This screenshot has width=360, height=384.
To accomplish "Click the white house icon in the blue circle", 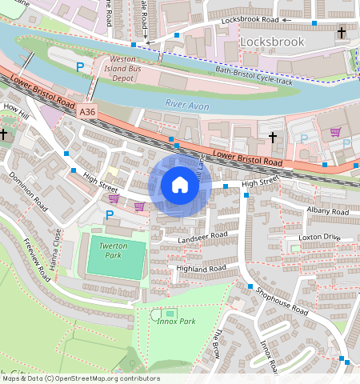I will click(x=180, y=186).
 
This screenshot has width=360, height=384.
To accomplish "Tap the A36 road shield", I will click(x=89, y=114).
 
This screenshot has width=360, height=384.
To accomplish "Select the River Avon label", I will click(x=186, y=103).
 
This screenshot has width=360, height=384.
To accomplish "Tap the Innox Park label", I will click(x=176, y=322).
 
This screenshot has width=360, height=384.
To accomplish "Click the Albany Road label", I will click(x=328, y=210).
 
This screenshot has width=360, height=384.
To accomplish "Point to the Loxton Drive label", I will click(x=319, y=238).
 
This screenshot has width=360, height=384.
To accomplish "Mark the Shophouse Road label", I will click(x=282, y=299).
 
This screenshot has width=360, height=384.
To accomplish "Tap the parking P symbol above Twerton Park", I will click(x=110, y=214).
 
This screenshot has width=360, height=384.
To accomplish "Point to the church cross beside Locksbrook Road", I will click(x=342, y=33).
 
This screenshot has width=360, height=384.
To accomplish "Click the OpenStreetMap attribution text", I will click(x=80, y=378).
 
